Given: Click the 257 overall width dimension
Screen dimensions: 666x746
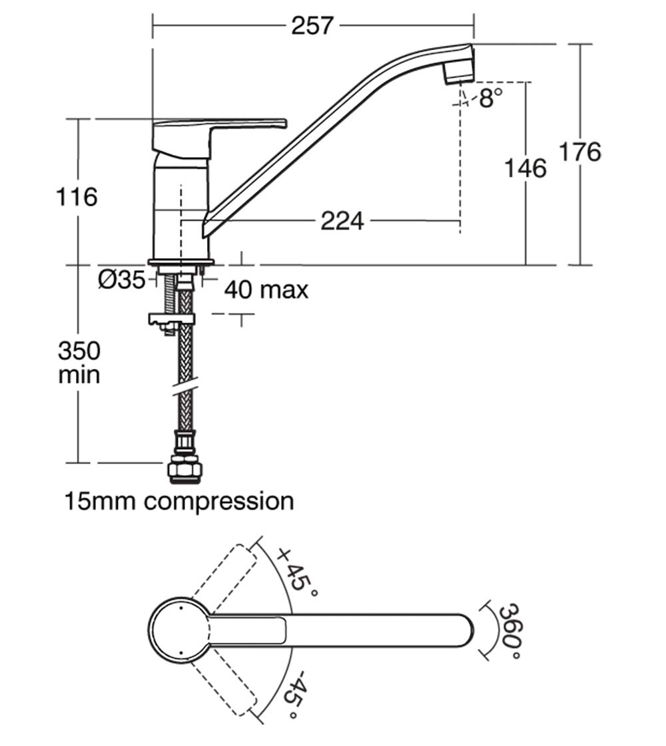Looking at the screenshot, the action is tap(312, 25).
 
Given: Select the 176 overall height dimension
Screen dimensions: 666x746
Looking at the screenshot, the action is tap(579, 152).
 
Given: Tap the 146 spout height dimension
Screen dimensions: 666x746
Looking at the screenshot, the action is tap(525, 168).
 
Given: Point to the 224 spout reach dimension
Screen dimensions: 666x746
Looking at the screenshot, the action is tap(342, 221).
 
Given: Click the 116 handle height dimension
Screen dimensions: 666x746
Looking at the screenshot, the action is tap(77, 197).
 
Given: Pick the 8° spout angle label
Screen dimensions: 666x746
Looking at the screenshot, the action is tap(490, 98).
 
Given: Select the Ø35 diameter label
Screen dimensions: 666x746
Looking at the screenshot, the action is tap(122, 280).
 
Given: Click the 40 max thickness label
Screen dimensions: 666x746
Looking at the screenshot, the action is tap(266, 289).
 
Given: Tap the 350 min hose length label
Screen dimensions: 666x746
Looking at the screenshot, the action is tap(79, 363).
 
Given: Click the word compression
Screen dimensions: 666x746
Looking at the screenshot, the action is tap(219, 502).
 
